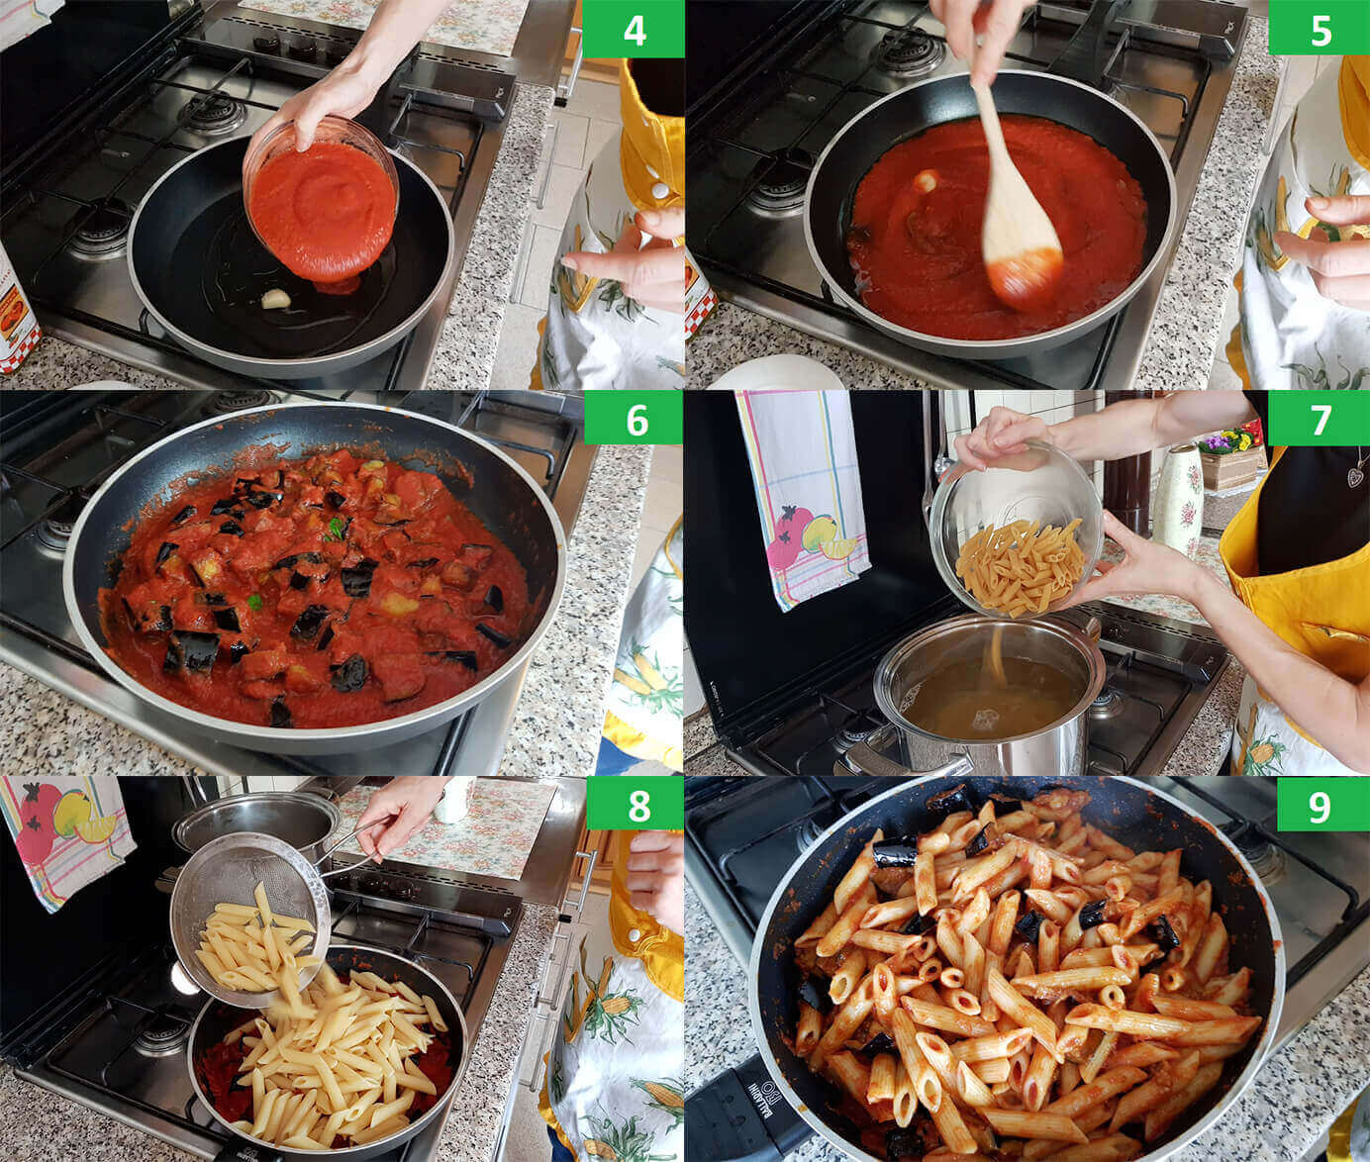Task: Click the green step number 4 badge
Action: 633,29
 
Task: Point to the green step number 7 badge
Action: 1319,419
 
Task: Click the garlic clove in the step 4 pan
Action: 276,299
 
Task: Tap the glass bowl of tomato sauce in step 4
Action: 322,200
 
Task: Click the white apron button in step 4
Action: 659,191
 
